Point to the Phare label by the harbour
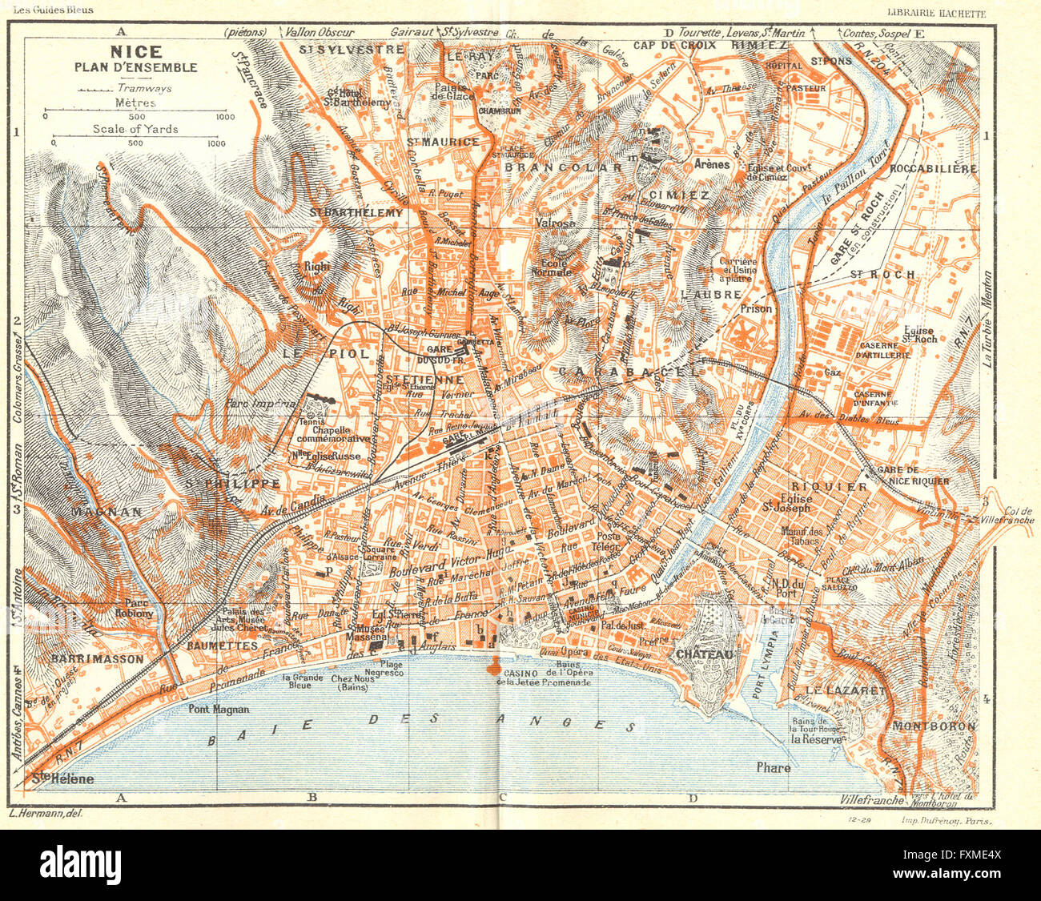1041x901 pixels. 774,767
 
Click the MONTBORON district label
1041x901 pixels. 932,726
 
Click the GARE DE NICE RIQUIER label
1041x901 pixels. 913,476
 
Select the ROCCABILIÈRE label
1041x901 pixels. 928,169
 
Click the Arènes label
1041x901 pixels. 712,164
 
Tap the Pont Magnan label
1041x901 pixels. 219,709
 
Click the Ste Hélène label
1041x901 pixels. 63,778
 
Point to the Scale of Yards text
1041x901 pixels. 135,129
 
